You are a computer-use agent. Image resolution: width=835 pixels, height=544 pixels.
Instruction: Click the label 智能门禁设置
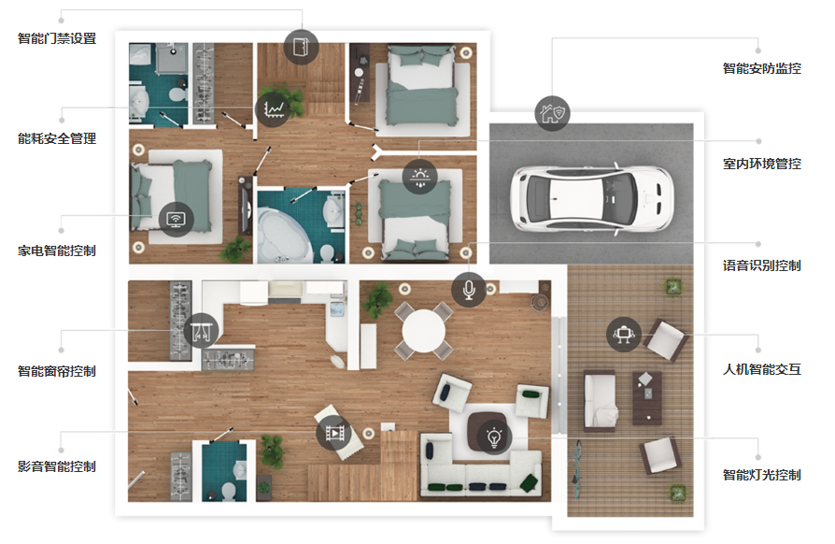click(57, 38)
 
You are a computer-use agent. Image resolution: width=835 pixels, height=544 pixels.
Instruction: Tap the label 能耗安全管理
click(57, 138)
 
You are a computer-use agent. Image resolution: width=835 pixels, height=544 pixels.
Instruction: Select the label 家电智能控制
click(57, 251)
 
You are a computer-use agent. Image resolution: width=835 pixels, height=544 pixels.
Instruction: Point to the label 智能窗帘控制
click(57, 371)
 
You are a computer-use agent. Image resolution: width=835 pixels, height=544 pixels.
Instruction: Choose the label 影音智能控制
click(57, 466)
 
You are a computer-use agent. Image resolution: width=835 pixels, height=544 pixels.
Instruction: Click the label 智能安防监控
click(761, 68)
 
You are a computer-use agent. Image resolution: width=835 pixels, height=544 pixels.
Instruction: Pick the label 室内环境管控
click(761, 164)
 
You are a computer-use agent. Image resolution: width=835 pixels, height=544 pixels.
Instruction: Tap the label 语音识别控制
click(761, 265)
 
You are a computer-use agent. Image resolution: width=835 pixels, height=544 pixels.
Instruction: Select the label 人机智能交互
click(761, 369)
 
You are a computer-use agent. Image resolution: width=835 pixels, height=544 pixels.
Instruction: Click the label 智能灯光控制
click(761, 475)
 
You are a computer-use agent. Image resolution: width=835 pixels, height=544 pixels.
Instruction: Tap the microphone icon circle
click(469, 290)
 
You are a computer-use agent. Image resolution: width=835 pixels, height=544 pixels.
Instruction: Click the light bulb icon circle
click(494, 437)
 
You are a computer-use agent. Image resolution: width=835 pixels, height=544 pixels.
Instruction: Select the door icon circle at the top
click(301, 47)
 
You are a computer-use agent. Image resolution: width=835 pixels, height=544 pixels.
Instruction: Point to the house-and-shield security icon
click(552, 113)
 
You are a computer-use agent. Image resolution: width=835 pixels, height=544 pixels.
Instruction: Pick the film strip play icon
click(333, 433)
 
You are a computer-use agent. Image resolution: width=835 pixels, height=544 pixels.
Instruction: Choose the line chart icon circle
click(273, 109)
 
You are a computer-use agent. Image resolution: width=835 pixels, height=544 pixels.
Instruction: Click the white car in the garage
click(591, 198)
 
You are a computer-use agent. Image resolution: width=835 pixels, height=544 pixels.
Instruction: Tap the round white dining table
click(423, 331)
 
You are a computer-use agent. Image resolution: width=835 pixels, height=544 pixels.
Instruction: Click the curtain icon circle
click(202, 331)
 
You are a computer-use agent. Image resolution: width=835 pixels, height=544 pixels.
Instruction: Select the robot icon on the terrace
click(624, 334)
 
